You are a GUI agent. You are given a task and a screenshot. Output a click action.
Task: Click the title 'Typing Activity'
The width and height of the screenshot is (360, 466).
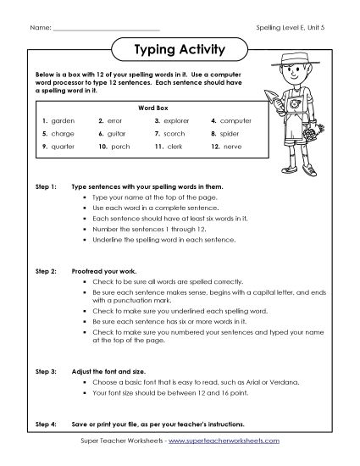tap(180, 49)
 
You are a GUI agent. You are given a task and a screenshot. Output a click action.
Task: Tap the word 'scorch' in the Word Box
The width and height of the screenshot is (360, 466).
tap(174, 134)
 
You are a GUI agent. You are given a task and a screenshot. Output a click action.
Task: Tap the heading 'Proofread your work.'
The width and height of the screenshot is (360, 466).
tap(107, 269)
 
